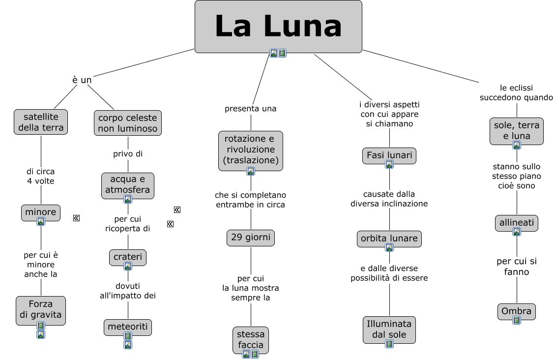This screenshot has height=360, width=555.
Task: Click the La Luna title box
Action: click(x=278, y=26)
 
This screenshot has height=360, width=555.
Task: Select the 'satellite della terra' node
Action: click(x=41, y=122)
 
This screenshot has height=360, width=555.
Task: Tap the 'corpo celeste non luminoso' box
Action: click(x=128, y=123)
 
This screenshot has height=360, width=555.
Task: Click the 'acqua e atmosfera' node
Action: click(x=128, y=184)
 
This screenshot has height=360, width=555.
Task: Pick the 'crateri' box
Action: click(x=128, y=257)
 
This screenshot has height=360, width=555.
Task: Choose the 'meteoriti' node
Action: click(x=128, y=327)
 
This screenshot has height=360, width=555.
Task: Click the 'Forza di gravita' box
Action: click(x=41, y=309)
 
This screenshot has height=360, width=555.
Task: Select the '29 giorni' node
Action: click(x=251, y=238)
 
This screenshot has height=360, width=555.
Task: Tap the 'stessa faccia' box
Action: click(x=251, y=338)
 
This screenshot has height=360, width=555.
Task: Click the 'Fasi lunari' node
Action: click(x=389, y=155)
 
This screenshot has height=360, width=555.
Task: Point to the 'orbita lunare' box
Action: click(x=389, y=239)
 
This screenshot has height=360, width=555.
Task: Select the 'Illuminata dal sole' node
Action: click(x=389, y=329)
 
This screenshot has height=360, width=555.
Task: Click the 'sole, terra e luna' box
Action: click(x=517, y=130)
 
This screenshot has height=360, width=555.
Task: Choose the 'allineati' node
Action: click(x=517, y=223)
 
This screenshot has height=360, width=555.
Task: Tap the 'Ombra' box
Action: click(x=517, y=311)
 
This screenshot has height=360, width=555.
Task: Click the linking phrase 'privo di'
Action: click(x=128, y=154)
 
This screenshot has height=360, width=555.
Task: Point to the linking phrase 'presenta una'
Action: click(x=251, y=109)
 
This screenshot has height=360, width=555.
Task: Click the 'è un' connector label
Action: click(x=82, y=80)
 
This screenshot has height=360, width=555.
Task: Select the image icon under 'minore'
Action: click(x=41, y=221)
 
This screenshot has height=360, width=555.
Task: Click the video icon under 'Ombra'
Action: click(x=517, y=320)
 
